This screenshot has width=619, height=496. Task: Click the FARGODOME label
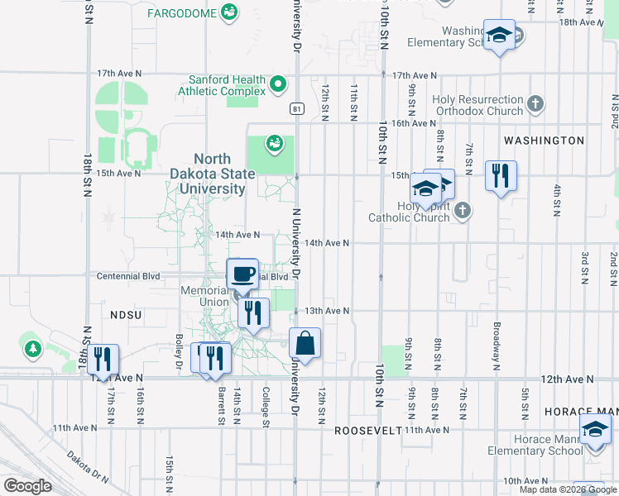coord(181,13)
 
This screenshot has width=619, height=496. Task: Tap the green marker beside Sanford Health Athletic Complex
coord(278,83)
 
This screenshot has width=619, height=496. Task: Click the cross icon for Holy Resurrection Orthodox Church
coord(535,104)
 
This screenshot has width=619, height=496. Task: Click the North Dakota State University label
coord(219,174)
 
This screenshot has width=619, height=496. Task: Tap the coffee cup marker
coord(242,274)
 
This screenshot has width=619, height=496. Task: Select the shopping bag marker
coord(305,343)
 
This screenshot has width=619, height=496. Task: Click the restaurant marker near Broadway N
coord(501,176)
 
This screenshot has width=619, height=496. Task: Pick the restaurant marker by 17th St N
coord(104,359)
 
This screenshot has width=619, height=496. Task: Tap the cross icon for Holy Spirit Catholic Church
coord(462,211)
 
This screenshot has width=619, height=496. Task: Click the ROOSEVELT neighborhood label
coord(367,431)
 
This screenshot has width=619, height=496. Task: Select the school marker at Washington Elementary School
coord(499,35)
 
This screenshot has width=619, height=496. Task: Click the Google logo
coord(27,486)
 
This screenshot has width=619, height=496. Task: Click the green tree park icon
coord(32,349)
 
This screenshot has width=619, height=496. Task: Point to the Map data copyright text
coord(568,489)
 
